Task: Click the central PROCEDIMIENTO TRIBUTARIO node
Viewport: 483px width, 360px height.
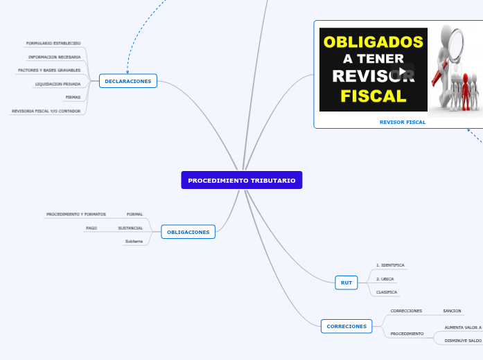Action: [241, 180]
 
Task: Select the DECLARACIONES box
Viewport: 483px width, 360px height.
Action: [128, 81]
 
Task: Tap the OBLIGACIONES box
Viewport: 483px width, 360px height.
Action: [188, 232]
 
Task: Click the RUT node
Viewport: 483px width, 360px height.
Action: [346, 282]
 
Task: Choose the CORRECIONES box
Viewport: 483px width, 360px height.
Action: [346, 326]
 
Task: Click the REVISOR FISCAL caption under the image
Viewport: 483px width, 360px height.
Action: [403, 122]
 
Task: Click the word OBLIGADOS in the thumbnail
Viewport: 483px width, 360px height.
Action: [373, 42]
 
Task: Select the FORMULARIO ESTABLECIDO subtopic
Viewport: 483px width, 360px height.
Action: [53, 43]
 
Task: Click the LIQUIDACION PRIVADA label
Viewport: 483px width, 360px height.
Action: [58, 84]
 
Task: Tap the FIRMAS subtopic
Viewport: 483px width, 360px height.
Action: [73, 97]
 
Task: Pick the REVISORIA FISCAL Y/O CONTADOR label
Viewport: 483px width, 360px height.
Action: [46, 111]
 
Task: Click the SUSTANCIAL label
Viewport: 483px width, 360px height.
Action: [130, 228]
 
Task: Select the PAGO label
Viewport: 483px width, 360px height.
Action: [91, 228]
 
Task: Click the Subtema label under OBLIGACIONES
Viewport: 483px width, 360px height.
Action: [134, 241]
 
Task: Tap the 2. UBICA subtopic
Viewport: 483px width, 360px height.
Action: [385, 279]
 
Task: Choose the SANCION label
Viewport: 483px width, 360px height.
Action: [452, 311]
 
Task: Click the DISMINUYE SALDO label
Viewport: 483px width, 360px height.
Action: [463, 341]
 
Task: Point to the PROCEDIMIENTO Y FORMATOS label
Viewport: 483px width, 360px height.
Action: [76, 215]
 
